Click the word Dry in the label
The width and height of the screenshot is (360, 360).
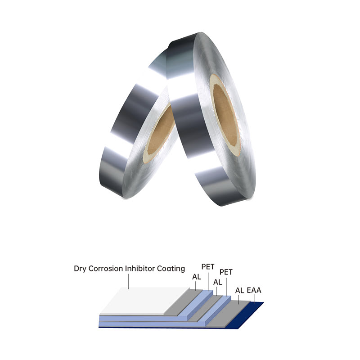80,269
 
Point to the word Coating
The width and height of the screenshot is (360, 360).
171,269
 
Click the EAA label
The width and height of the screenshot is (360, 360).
254,290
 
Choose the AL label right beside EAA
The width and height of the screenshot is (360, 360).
239,290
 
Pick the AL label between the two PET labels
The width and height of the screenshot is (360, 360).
218,282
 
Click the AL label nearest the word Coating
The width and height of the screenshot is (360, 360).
197,277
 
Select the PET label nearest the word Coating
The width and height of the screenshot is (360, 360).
208,266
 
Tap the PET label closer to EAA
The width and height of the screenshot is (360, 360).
226,272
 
